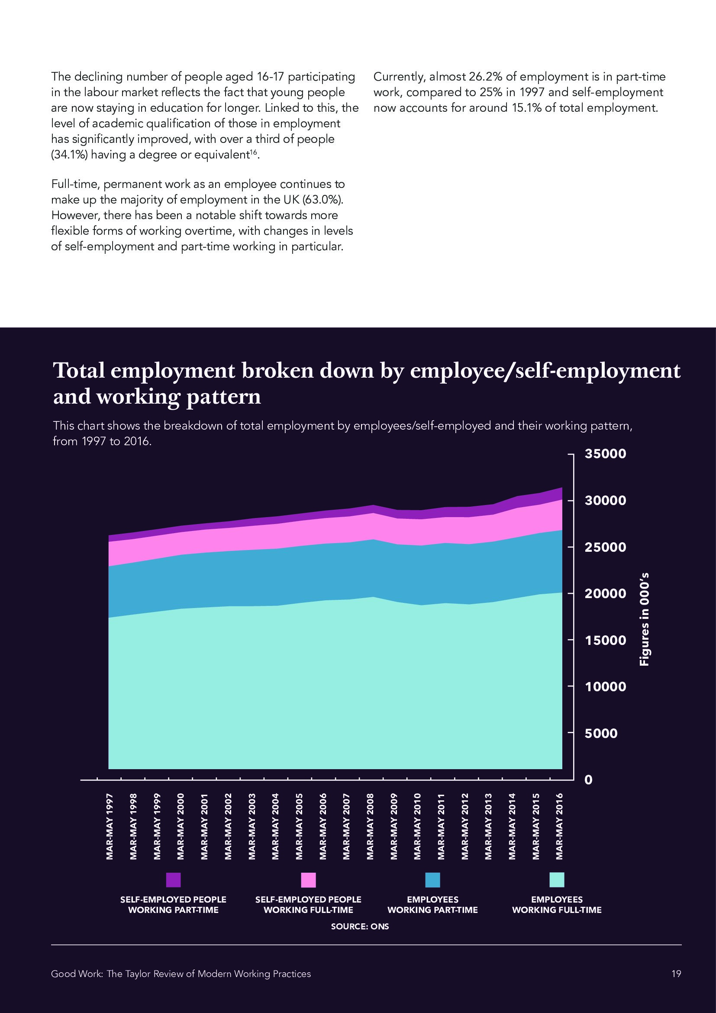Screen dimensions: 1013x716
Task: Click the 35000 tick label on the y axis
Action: [605, 454]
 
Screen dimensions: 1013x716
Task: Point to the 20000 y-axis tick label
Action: [605, 594]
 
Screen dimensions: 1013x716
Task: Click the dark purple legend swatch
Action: [173, 880]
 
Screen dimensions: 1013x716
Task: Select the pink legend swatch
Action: [308, 880]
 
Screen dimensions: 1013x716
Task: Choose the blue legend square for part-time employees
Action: [432, 880]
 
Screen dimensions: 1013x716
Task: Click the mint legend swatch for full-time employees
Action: [557, 880]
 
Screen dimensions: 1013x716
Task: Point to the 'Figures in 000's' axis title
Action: [645, 619]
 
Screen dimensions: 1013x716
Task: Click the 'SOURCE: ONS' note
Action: [360, 926]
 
